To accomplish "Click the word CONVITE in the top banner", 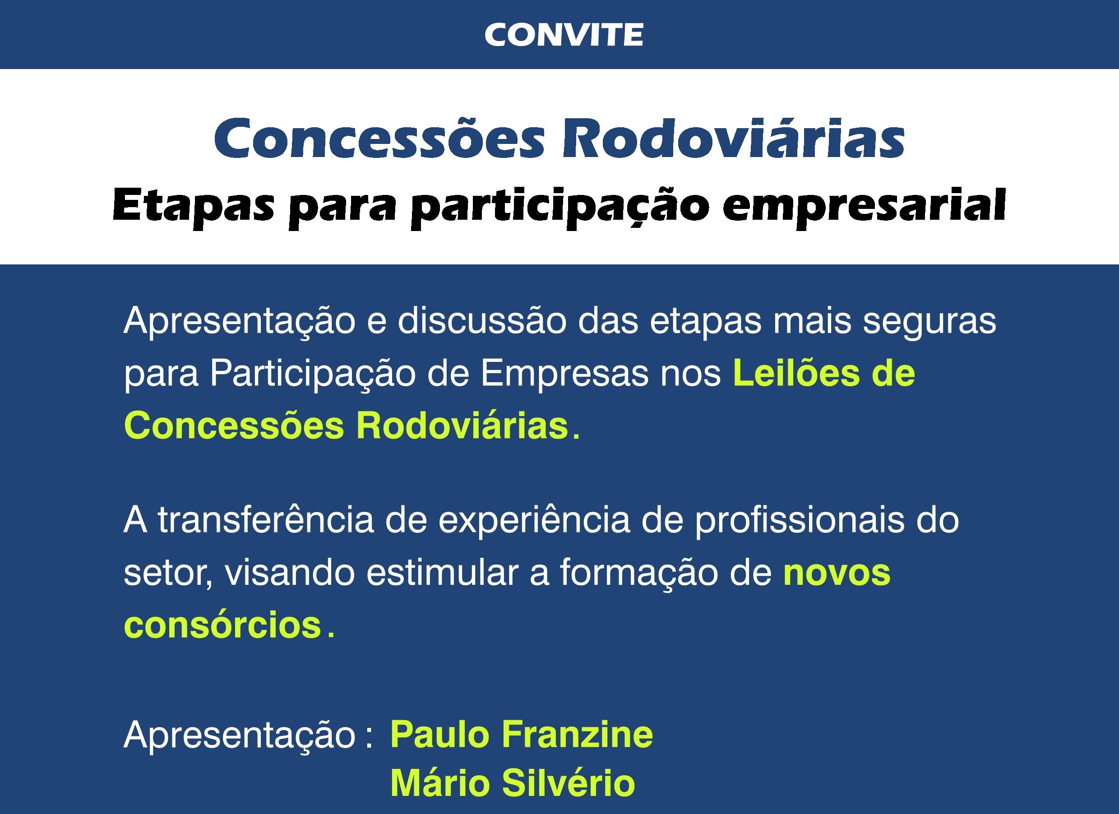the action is pyautogui.click(x=564, y=35).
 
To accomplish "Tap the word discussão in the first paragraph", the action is pyautogui.click(x=482, y=321).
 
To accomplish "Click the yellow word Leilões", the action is pyautogui.click(x=796, y=374).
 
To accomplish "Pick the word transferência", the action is pyautogui.click(x=266, y=520).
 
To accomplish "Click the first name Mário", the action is pyautogui.click(x=440, y=783).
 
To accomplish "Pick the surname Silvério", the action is pyautogui.click(x=569, y=783).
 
